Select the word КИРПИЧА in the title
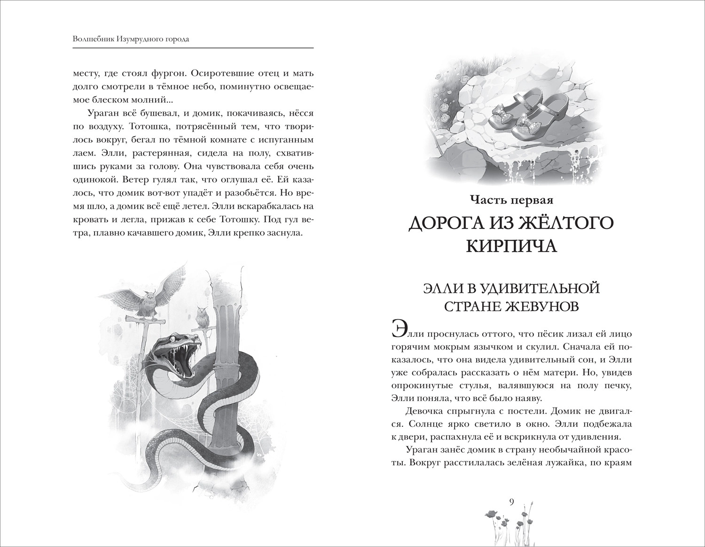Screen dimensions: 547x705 coord(511,246)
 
